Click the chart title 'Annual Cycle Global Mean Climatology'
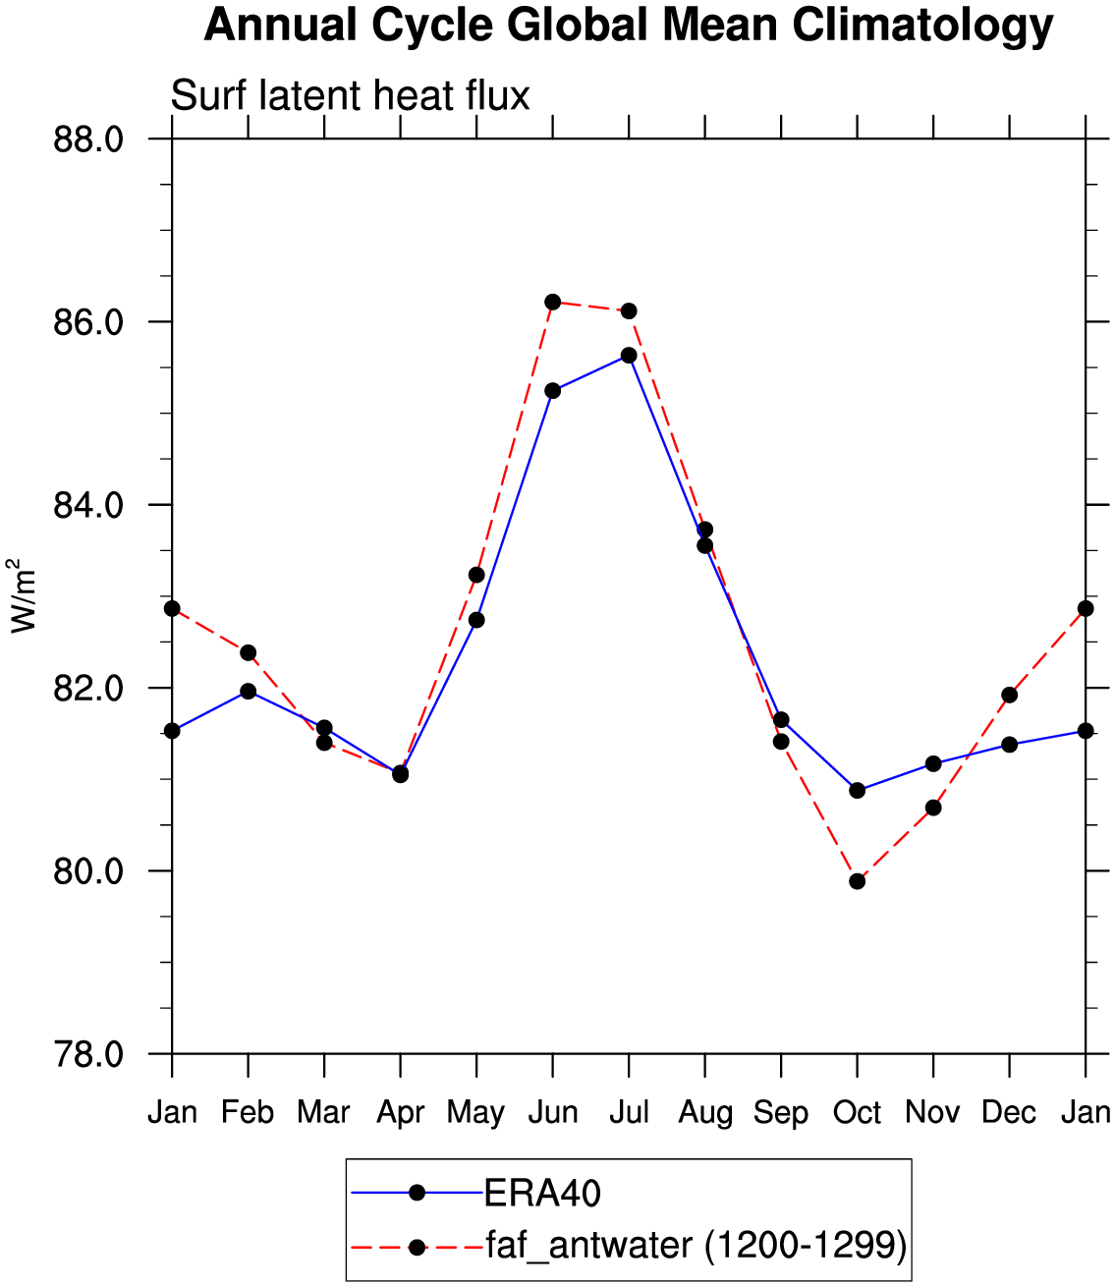tap(628, 28)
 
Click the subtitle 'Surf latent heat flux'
tap(350, 96)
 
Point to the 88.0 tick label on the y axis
tap(89, 140)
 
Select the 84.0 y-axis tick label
tap(89, 505)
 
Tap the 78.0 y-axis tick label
tap(89, 1054)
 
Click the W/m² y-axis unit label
tap(23, 596)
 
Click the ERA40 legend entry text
tap(542, 1194)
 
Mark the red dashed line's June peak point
tap(552, 302)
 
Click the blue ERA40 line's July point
tap(629, 356)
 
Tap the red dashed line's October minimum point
tap(858, 881)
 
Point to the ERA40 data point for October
tap(858, 791)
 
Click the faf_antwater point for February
tap(249, 653)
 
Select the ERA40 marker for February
tap(249, 692)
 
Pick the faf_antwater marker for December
tap(1010, 695)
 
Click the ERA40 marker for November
tap(933, 764)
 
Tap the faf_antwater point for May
tap(476, 575)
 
